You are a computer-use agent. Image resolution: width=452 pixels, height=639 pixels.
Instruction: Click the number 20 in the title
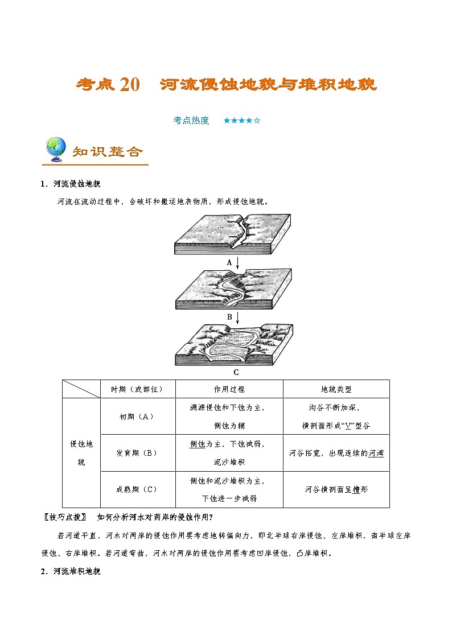pyautogui.click(x=130, y=85)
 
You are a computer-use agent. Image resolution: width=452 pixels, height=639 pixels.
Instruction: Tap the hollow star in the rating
pyautogui.click(x=257, y=121)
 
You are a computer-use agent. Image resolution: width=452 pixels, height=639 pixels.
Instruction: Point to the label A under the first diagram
pyautogui.click(x=229, y=262)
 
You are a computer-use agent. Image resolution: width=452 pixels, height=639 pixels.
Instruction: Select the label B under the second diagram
pyautogui.click(x=229, y=317)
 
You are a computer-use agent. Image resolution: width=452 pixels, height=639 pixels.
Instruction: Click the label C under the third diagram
pyautogui.click(x=236, y=373)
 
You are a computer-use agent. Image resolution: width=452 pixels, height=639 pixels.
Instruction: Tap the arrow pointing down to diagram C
pyautogui.click(x=237, y=317)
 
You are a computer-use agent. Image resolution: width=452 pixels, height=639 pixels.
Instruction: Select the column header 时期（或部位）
pyautogui.click(x=137, y=389)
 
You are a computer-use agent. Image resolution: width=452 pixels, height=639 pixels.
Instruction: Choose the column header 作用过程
pyautogui.click(x=229, y=389)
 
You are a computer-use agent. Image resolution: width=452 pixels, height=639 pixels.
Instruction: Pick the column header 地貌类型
pyautogui.click(x=336, y=389)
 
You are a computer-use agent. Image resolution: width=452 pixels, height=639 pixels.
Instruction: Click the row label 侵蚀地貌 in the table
pyautogui.click(x=81, y=453)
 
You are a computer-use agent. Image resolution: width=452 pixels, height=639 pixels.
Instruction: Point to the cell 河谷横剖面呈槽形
pyautogui.click(x=336, y=489)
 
